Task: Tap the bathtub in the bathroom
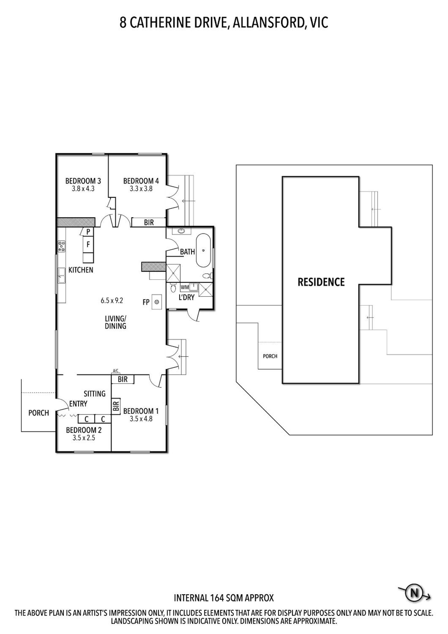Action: pos(203,250)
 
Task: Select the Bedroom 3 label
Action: pos(83,181)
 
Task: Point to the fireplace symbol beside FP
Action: pos(157,302)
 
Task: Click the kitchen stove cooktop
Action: pos(61,246)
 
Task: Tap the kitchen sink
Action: pos(61,276)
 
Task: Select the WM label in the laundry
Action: pos(185,287)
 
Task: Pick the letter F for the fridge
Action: pos(88,244)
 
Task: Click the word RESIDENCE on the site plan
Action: pos(321,282)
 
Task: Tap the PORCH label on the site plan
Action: pos(270,356)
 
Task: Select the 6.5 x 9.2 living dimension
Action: pos(112,301)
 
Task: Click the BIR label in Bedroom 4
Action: pos(149,222)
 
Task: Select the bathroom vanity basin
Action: pos(181,231)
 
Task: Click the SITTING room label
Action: pos(95,394)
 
